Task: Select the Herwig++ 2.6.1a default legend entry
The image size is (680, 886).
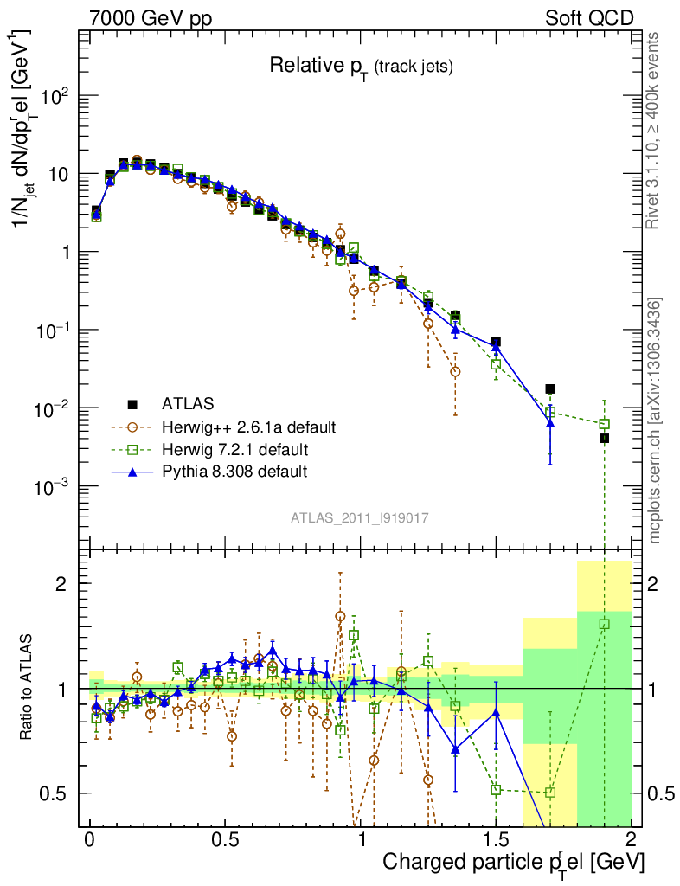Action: point(247,427)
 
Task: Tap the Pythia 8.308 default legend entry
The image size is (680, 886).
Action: point(235,472)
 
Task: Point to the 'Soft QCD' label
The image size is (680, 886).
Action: point(589,18)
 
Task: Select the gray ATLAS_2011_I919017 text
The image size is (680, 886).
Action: point(360,518)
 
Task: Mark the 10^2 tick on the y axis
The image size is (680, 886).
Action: point(54,96)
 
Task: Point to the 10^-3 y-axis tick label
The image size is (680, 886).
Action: point(52,487)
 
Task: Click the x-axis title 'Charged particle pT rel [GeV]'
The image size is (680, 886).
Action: point(513,863)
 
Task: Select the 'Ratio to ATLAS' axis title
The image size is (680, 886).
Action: point(28,688)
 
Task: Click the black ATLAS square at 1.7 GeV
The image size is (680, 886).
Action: point(550,389)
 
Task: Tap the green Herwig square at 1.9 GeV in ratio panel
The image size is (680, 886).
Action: point(604,624)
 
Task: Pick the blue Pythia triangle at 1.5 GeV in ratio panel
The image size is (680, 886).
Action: point(496,712)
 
